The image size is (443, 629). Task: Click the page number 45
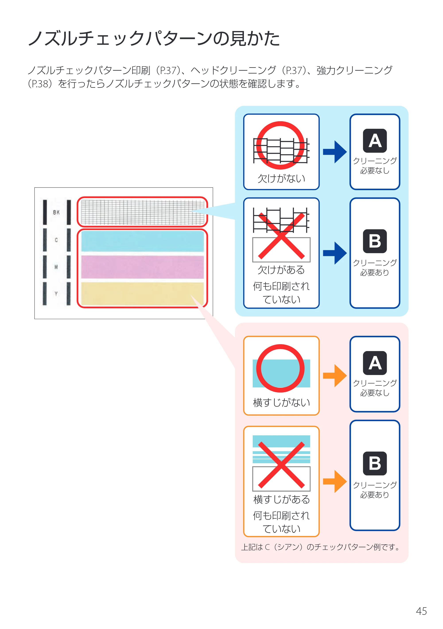click(421, 611)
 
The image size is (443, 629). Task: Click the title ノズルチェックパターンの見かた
click(154, 38)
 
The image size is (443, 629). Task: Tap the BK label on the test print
click(56, 212)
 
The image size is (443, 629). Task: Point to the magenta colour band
click(142, 267)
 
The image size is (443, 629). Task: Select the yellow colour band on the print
click(142, 294)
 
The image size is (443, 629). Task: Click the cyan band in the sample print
click(142, 241)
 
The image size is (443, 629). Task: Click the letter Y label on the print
click(56, 294)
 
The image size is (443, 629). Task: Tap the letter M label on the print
click(56, 267)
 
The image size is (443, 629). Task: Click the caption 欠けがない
click(281, 178)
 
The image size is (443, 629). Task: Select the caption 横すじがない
click(281, 402)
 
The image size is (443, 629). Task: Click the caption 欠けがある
click(281, 270)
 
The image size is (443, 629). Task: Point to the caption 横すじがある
click(281, 499)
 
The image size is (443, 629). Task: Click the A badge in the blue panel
click(375, 141)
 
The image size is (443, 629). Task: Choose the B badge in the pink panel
click(375, 463)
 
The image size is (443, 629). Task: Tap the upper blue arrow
click(335, 152)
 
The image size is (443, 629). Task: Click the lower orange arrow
click(335, 481)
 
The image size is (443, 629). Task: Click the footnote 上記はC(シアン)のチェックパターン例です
click(320, 547)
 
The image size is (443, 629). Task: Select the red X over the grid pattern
click(281, 236)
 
